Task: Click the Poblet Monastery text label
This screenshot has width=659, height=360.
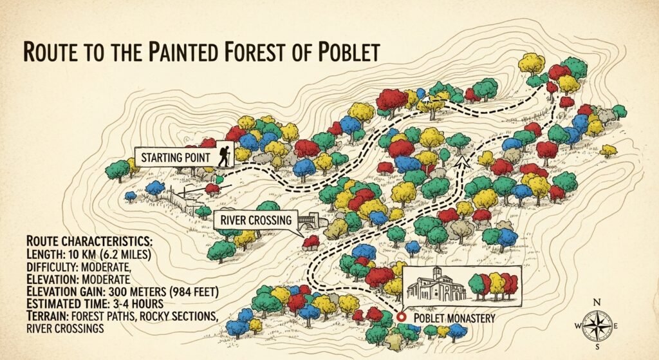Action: [x=454, y=318]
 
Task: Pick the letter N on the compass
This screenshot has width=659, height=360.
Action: [x=597, y=301]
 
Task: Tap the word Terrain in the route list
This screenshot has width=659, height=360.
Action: [x=28, y=316]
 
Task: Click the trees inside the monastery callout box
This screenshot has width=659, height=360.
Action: [x=494, y=285]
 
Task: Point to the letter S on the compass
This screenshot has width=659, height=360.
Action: [x=597, y=349]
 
